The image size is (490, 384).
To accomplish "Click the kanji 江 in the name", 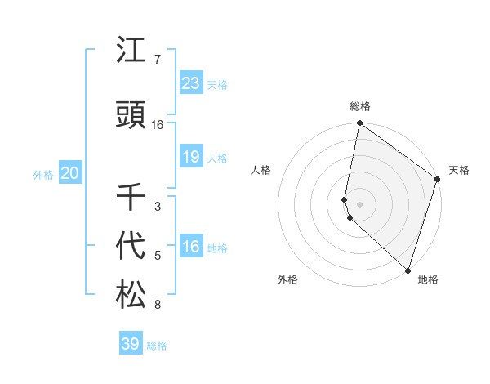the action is click(131, 51).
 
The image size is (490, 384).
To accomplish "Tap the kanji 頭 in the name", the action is click(131, 116).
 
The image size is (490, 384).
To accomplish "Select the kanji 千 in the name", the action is click(131, 199).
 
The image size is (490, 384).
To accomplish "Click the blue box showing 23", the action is click(191, 83).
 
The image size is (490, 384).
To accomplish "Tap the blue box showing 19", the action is click(191, 158).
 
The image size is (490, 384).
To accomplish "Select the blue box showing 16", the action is click(191, 248).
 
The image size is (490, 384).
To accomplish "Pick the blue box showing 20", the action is click(69, 173).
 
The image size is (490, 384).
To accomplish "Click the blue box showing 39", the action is click(131, 344).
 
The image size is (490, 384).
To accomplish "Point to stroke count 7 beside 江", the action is click(157, 60).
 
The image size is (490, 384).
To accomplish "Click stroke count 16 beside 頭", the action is click(158, 125).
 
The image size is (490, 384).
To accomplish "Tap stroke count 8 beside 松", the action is click(157, 306).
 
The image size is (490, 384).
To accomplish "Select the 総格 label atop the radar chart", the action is click(359, 106).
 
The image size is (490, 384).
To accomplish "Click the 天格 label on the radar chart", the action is click(459, 170).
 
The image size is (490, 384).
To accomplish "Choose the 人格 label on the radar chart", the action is click(261, 170).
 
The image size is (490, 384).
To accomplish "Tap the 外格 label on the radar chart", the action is click(287, 279).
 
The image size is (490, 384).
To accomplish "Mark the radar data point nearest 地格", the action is click(408, 270).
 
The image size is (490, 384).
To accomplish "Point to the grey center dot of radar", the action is click(359, 203).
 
